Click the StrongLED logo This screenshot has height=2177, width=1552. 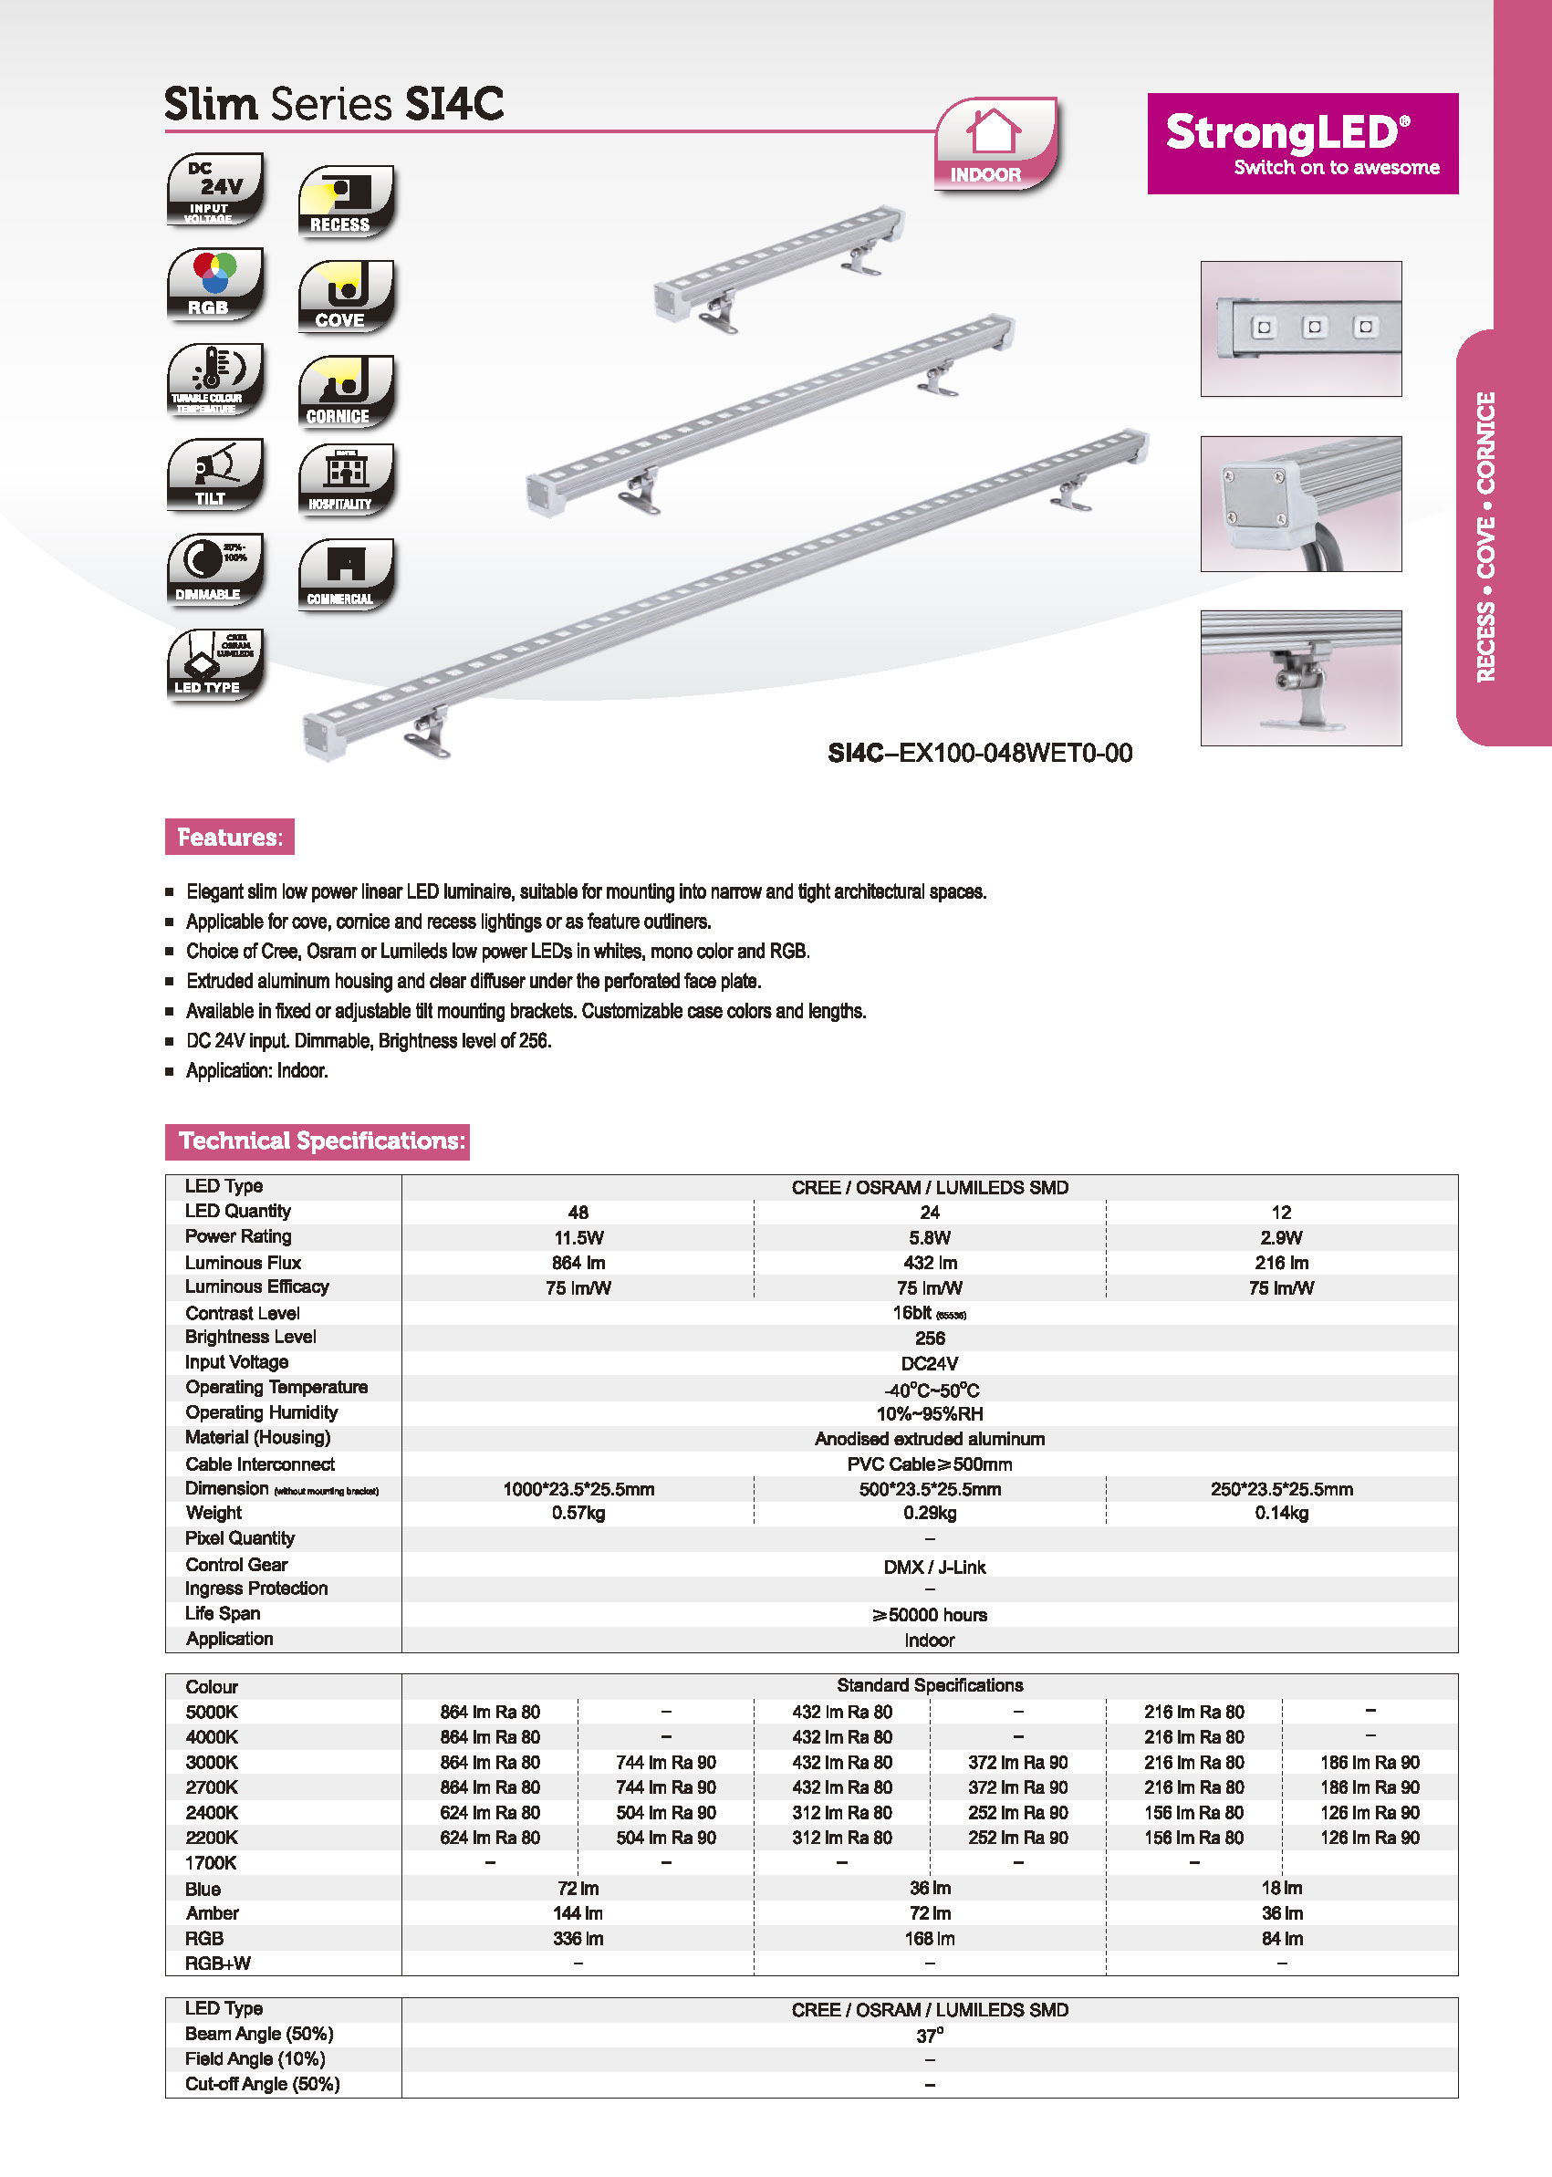pyautogui.click(x=1302, y=143)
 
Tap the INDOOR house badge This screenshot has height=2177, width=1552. pyautogui.click(x=995, y=144)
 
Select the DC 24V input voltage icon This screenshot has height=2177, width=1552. pyautogui.click(x=215, y=188)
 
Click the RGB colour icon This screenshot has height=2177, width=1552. pyautogui.click(x=215, y=283)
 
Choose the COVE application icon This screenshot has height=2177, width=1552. pyautogui.click(x=345, y=297)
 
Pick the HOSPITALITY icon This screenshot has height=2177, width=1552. pyautogui.click(x=345, y=480)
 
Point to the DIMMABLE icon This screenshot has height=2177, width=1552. pyautogui.click(x=215, y=569)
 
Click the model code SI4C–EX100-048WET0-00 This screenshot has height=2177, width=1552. pyautogui.click(x=980, y=753)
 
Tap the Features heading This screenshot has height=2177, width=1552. pyautogui.click(x=229, y=838)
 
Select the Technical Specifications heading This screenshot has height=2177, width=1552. pyautogui.click(x=318, y=1141)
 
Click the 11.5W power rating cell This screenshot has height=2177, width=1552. pyautogui.click(x=578, y=1237)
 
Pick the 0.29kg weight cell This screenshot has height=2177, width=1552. pyautogui.click(x=929, y=1513)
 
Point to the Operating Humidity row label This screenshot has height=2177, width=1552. pyautogui.click(x=261, y=1412)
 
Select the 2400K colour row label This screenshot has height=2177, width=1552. pyautogui.click(x=211, y=1813)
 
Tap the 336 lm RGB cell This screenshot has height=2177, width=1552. pyautogui.click(x=578, y=1938)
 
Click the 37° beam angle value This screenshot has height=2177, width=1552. pyautogui.click(x=929, y=2036)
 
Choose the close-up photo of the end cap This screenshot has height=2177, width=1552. pyautogui.click(x=1301, y=504)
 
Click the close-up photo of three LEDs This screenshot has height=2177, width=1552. pyautogui.click(x=1301, y=328)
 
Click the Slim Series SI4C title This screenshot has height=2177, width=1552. pyautogui.click(x=334, y=104)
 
